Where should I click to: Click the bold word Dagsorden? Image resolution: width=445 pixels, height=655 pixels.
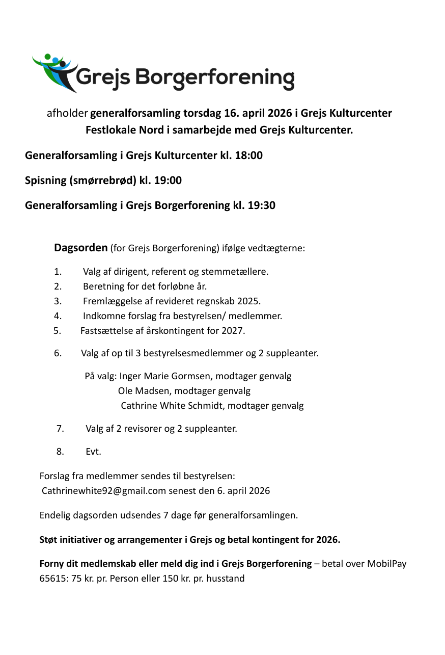point(80,248)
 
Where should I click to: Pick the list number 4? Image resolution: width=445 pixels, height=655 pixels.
point(58,316)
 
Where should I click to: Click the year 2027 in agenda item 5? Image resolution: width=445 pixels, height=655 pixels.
point(233,331)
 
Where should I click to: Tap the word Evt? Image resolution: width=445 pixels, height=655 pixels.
point(93,452)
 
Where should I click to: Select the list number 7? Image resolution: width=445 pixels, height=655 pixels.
point(60,429)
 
